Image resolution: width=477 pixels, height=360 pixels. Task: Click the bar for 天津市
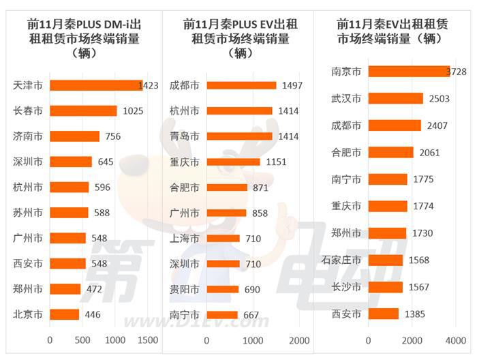[95, 85]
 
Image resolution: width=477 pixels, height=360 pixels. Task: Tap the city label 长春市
[28, 110]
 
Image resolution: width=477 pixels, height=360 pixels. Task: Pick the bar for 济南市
[75, 136]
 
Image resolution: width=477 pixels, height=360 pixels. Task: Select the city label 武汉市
[345, 99]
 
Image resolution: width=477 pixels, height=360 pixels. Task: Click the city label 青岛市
[185, 136]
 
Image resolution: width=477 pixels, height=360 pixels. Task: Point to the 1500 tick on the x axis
[147, 340]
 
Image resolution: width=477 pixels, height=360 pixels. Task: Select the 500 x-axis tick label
[82, 340]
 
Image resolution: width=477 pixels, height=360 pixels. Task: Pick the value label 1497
[291, 85]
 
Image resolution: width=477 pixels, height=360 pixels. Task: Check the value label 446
[94, 315]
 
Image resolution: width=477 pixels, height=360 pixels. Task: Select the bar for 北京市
[65, 315]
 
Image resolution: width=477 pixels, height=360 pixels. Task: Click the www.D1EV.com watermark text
[184, 322]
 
